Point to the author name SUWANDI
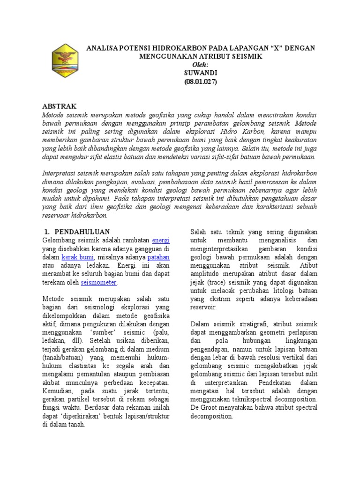pyautogui.click(x=200, y=73)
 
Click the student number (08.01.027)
pyautogui.click(x=200, y=82)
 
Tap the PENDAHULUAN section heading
pyautogui.click(x=82, y=232)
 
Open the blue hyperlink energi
pyautogui.click(x=161, y=240)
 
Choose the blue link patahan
pyautogui.click(x=158, y=257)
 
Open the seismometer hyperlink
pyautogui.click(x=99, y=283)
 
